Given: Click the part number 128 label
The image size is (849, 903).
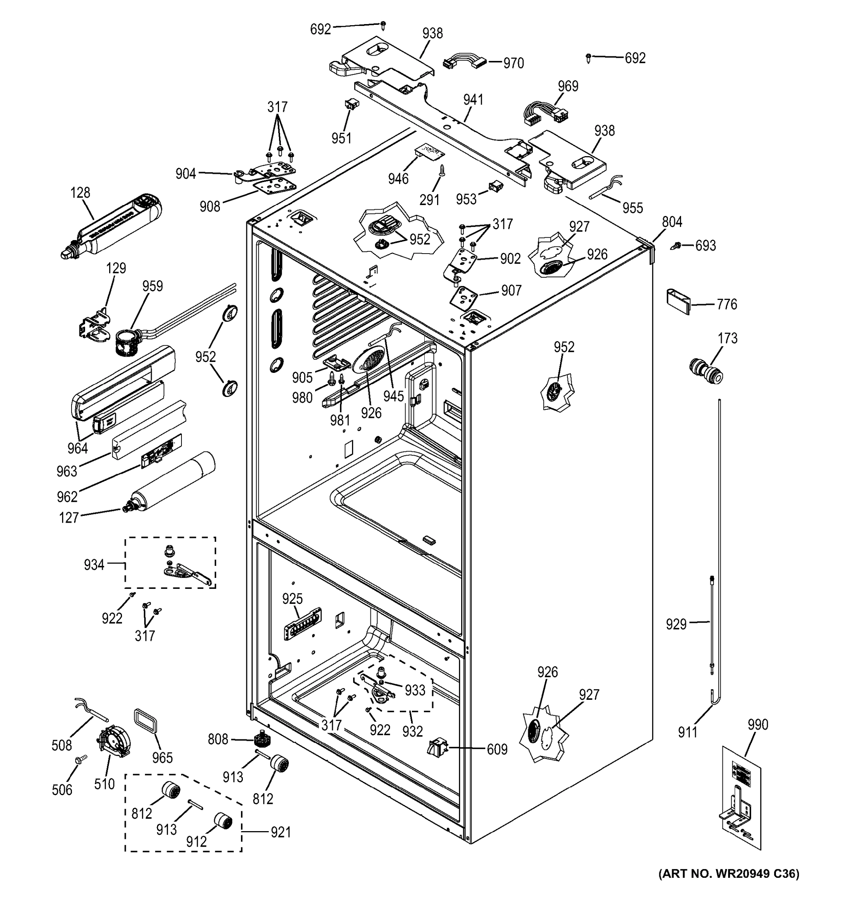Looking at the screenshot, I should pos(80,193).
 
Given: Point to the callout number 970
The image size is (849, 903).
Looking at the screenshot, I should pos(513,63).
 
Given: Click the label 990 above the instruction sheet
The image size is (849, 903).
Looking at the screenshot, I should pos(758,725).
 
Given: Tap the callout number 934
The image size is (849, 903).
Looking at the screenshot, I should pos(94,565).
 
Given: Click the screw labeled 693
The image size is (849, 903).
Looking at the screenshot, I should pos(676,246).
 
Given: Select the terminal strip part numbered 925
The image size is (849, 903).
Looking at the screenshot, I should pos(303,624).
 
